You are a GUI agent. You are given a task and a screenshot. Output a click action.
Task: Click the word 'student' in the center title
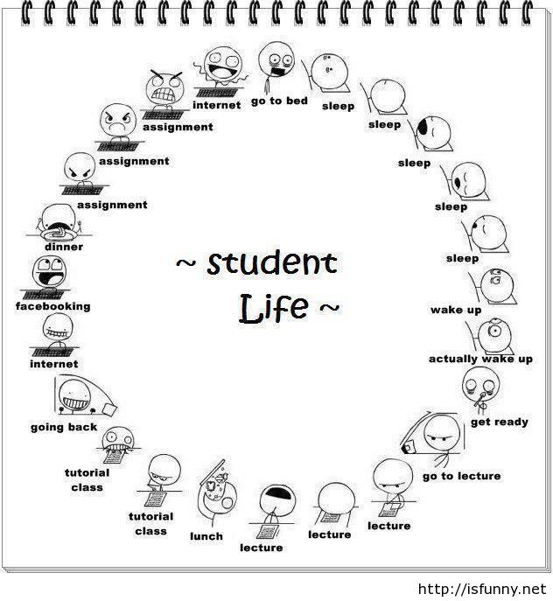pos(272,263)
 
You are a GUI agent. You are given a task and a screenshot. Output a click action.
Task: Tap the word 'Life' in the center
pos(273,309)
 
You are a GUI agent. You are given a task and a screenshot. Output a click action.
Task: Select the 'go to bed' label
pos(279,101)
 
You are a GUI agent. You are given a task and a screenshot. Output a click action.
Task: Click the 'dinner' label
pos(64,247)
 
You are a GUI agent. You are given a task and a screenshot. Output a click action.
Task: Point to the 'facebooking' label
pos(52,306)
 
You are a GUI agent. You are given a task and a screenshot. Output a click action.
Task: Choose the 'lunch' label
pos(206,536)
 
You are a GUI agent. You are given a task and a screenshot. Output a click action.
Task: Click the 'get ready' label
pos(500,423)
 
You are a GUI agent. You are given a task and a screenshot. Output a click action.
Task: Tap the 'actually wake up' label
pos(480,360)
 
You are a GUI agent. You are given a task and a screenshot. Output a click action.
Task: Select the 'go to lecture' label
pos(462,477)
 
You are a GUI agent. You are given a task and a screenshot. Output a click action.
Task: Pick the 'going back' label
pos(64,428)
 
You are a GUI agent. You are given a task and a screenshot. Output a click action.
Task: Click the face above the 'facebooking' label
pos(50,272)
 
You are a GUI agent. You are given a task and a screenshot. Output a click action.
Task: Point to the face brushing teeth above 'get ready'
pos(481,386)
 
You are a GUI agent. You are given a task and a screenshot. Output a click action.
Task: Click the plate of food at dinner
pos(56,233)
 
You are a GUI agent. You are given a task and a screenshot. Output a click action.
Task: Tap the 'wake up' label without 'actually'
pos(456,310)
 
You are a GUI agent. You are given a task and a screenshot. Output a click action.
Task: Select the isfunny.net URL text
pos(481,589)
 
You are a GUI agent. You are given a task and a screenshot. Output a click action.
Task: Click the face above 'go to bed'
pos(276,61)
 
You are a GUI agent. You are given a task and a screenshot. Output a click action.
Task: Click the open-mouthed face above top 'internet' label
pos(223,66)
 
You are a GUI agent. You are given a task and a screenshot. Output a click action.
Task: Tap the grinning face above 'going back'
pos(75,395)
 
